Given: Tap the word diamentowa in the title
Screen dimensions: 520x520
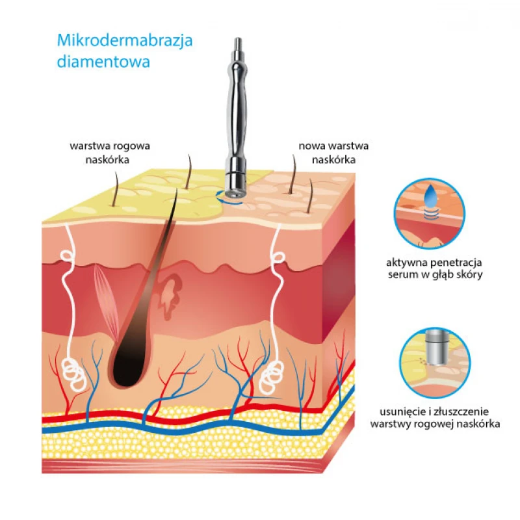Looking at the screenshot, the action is pos(103,62).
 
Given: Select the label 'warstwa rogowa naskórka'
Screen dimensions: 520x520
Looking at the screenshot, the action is pos(109,153).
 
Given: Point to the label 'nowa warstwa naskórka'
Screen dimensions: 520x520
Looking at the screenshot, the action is pos(333,153).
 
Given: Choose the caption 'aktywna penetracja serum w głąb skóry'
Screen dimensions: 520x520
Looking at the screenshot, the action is pos(434,269).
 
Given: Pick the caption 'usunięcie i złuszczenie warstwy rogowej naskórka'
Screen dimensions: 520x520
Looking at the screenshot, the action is pos(435,418).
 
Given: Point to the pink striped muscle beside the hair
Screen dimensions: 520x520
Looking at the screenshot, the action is pos(107,298).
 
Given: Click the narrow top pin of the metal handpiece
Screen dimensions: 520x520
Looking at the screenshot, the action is pos(238,44).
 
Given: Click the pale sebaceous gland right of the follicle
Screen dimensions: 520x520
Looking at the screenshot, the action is pos(170,297).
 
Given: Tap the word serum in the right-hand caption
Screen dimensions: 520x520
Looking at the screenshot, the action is pos(403,275).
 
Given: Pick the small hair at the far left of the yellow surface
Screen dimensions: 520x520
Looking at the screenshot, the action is pos(116,189).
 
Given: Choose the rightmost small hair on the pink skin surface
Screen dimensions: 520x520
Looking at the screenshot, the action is pos(310,196).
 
